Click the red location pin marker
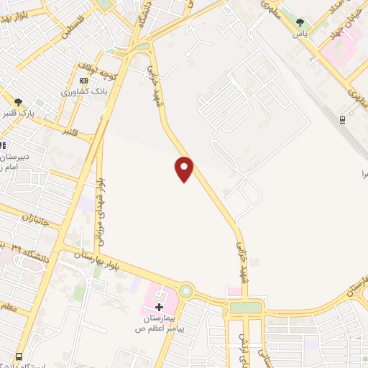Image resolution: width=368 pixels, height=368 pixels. (185, 169)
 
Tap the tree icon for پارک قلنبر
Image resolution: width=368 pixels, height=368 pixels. (18, 102)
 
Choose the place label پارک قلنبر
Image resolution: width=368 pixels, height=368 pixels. (17, 114)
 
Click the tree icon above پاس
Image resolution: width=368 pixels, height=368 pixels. (300, 22)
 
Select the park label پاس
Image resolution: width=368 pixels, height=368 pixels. (300, 33)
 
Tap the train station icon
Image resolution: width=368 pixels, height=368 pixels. (343, 119)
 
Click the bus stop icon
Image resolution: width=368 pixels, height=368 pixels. (19, 356)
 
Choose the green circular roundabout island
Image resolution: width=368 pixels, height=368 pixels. (187, 291)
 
